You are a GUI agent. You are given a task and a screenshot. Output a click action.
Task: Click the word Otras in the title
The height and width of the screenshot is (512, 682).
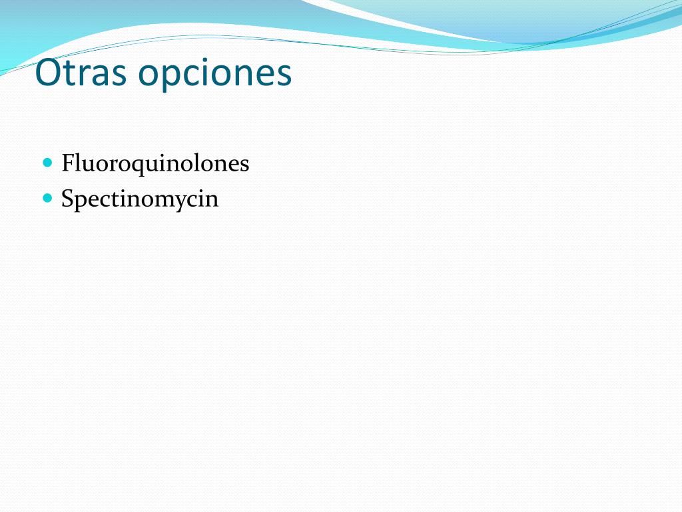click(81, 72)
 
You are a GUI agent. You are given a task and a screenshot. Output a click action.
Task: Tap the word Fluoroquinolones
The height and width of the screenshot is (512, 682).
click(155, 164)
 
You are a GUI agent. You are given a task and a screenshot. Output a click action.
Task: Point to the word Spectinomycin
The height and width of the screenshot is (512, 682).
click(140, 199)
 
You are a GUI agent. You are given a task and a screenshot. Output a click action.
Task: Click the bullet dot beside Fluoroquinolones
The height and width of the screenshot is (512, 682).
click(48, 163)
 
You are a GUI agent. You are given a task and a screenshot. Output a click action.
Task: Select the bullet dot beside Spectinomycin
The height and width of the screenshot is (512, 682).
click(48, 198)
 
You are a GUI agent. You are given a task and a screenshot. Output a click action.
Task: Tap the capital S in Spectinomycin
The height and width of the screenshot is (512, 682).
click(67, 198)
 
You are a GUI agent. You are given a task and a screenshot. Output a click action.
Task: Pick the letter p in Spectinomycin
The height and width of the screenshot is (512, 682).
click(82, 203)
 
